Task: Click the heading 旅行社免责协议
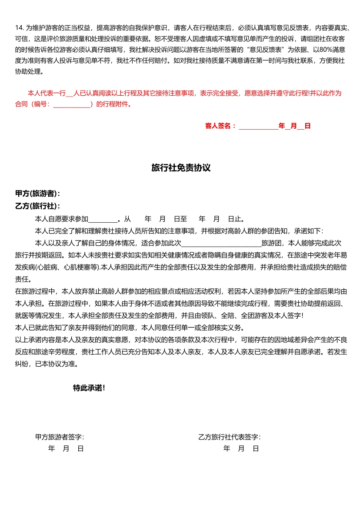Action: pos(181,168)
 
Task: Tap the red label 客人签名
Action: pos(220,126)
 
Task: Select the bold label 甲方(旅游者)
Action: pos(37,194)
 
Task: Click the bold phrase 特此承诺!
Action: pos(89,388)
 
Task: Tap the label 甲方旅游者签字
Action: pos(60,437)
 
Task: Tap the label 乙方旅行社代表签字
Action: pos(229,437)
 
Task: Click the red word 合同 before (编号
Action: pos(21,104)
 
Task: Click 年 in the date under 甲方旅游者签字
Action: pos(51,449)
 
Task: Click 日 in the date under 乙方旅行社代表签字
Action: pos(256,449)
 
